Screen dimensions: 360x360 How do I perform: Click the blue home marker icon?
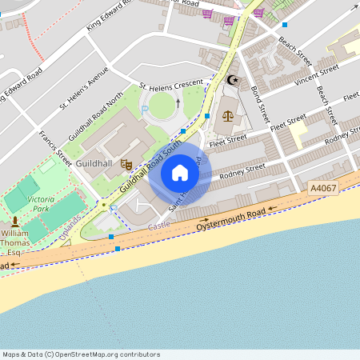point(180,173)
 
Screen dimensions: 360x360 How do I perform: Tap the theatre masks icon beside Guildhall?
point(126,165)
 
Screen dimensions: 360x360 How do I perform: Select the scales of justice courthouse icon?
point(227,115)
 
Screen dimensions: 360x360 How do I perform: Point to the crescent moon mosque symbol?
point(233,80)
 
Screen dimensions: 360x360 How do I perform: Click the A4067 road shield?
point(323,187)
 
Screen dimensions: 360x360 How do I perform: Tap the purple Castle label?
point(160,228)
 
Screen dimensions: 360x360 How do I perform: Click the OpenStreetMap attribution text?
point(81,354)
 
